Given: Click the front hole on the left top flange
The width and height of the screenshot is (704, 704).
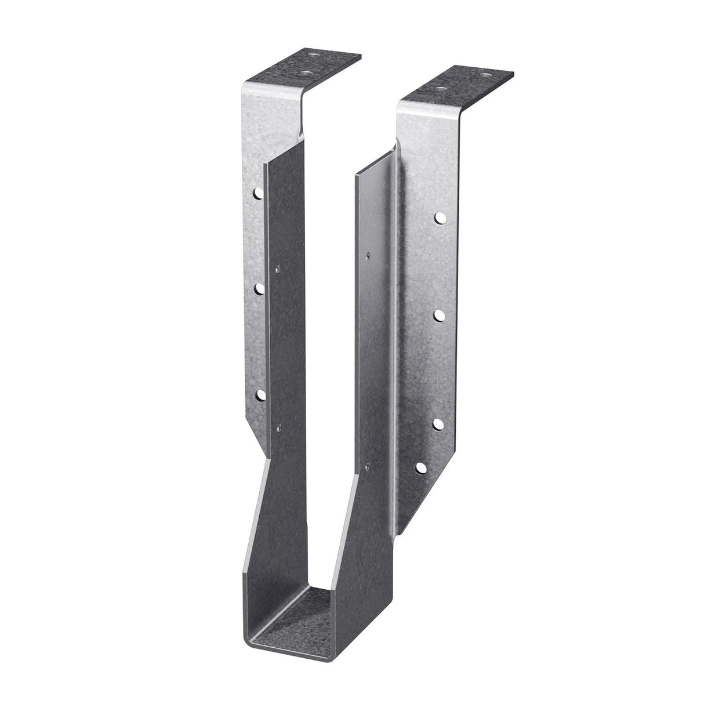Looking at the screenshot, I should tap(306, 72).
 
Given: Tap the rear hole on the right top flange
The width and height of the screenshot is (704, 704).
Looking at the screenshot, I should tap(487, 74).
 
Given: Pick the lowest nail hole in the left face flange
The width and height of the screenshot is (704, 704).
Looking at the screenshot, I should tap(260, 395).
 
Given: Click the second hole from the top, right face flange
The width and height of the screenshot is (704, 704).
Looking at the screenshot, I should tap(440, 316).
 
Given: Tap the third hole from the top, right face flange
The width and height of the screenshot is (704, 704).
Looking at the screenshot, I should tap(438, 423).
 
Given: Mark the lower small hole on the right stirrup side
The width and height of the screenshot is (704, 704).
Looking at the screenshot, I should tap(369, 463).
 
